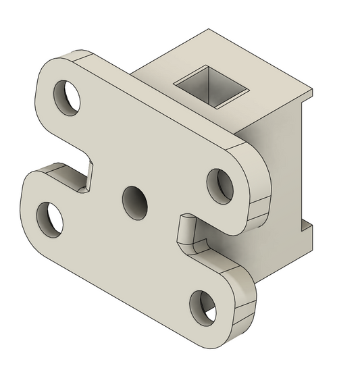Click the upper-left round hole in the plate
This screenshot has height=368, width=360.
click(68, 97)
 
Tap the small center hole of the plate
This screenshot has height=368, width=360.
click(134, 201)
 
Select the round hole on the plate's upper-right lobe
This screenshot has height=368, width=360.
click(220, 184)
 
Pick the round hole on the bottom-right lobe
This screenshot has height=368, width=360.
click(203, 305)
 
